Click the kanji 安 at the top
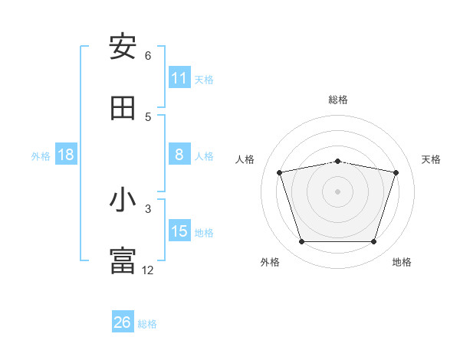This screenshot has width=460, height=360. click(123, 47)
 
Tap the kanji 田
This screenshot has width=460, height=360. click(123, 109)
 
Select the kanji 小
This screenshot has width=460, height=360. click(123, 201)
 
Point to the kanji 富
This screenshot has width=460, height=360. click(123, 260)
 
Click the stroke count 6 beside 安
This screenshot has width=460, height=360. click(148, 56)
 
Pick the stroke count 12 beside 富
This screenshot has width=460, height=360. click(148, 270)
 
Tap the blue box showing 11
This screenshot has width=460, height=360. click(179, 78)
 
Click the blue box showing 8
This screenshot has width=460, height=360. click(179, 155)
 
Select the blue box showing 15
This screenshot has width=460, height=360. click(179, 231)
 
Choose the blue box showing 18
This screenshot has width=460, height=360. click(66, 155)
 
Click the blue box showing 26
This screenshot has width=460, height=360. click(123, 322)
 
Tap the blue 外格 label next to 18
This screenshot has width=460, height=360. click(41, 156)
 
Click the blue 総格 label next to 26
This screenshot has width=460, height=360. click(147, 324)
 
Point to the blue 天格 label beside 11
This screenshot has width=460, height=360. click(204, 80)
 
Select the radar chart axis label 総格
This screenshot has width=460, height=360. click(337, 100)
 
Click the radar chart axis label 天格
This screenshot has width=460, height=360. click(431, 159)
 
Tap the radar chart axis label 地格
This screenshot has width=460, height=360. click(402, 262)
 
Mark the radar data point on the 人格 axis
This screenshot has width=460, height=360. click(280, 172)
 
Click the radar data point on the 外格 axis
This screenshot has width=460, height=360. click(301, 242)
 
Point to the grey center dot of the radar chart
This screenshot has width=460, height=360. click(337, 191)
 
